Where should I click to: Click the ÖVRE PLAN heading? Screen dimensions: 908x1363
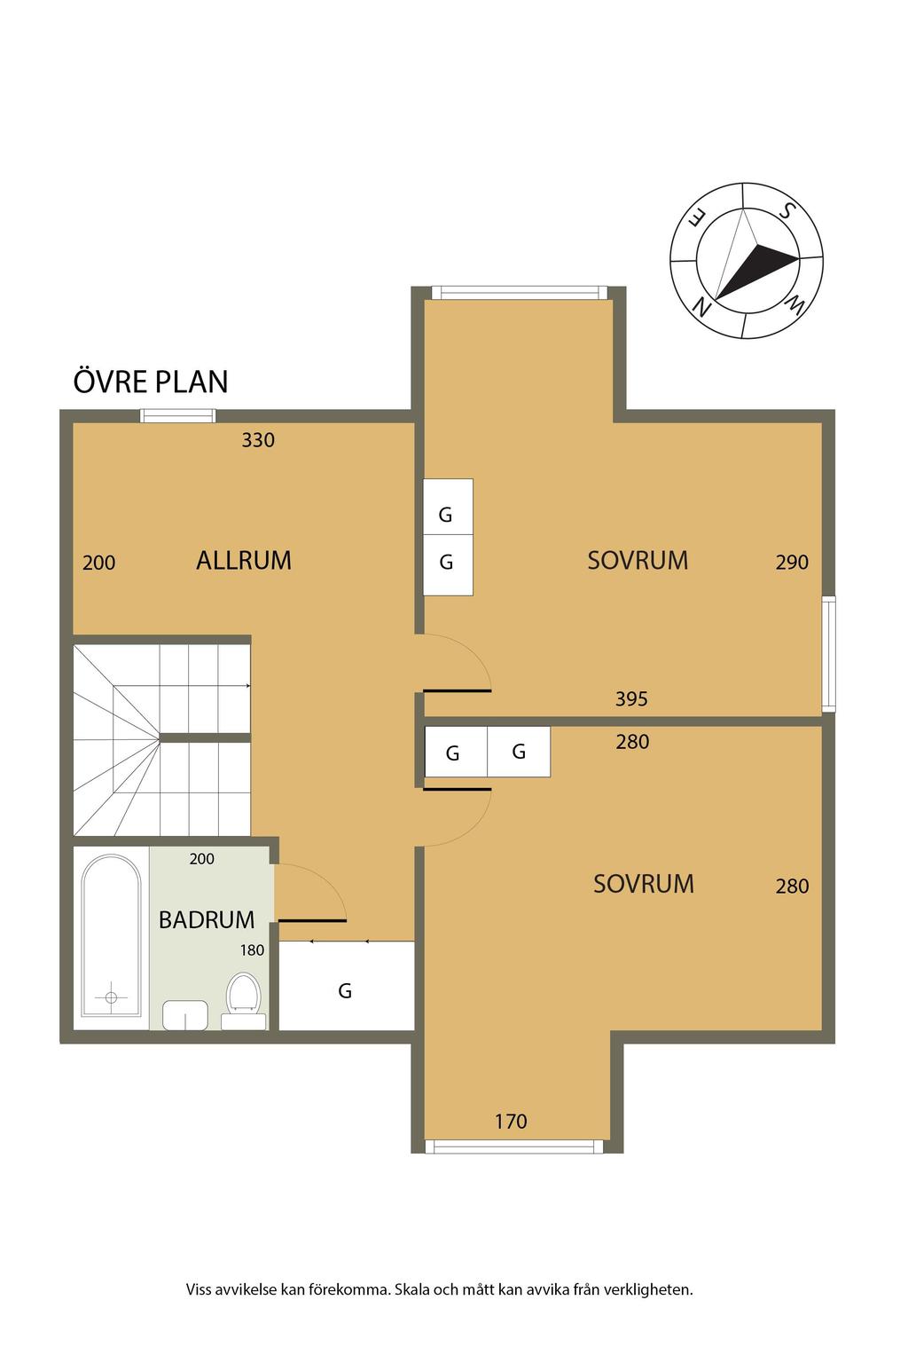pyautogui.click(x=150, y=381)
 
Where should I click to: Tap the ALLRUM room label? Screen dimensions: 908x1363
pyautogui.click(x=243, y=561)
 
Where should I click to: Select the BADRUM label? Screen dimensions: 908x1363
pyautogui.click(x=207, y=919)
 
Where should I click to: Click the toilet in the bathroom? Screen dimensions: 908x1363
pyautogui.click(x=243, y=1001)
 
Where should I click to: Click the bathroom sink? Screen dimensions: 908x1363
pyautogui.click(x=185, y=1014)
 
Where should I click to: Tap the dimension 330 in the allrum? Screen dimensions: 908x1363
pyautogui.click(x=258, y=440)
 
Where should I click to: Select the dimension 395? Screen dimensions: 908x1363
pyautogui.click(x=631, y=698)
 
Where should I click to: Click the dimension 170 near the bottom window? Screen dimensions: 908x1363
pyautogui.click(x=511, y=1121)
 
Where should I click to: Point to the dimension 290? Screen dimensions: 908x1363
pyautogui.click(x=792, y=562)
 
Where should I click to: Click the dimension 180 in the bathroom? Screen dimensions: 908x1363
pyautogui.click(x=252, y=949)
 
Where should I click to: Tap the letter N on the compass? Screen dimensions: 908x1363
pyautogui.click(x=701, y=307)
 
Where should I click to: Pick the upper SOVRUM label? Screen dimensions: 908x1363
pyautogui.click(x=638, y=561)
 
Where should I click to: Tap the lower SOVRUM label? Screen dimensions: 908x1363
pyautogui.click(x=644, y=884)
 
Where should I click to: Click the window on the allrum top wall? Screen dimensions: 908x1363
pyautogui.click(x=178, y=415)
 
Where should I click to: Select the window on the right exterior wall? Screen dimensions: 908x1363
pyautogui.click(x=828, y=653)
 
